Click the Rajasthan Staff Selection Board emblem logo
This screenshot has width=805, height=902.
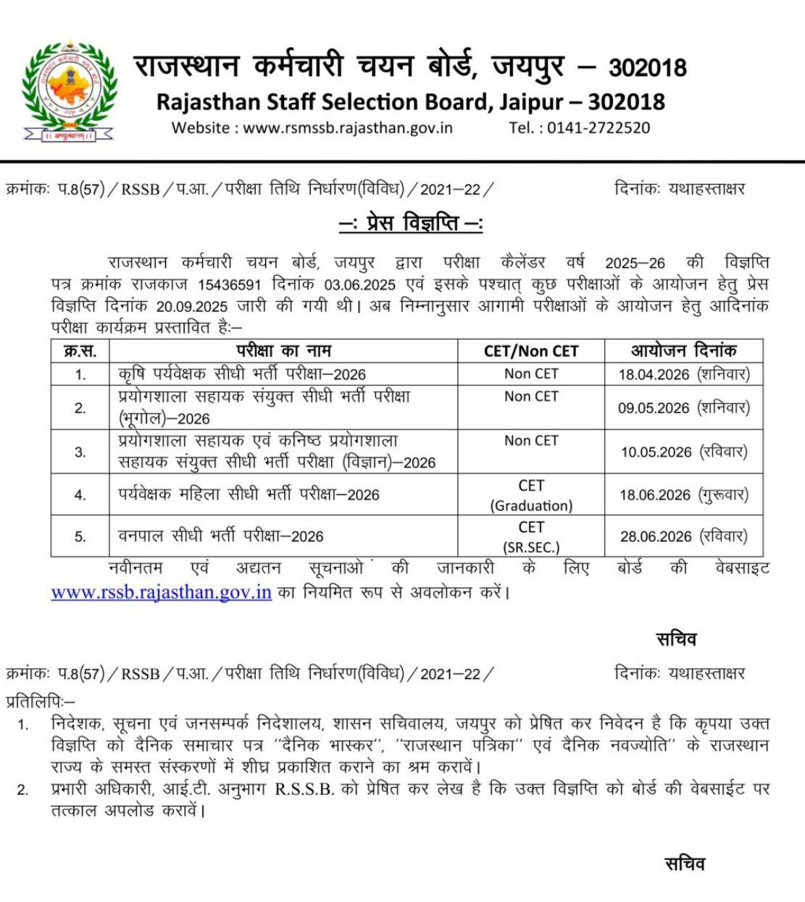[70, 90]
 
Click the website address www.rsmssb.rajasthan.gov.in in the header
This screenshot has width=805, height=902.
[348, 128]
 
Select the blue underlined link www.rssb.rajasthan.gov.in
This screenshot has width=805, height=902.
[161, 592]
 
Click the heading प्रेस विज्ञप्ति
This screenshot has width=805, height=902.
[411, 224]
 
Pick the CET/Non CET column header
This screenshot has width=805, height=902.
[531, 351]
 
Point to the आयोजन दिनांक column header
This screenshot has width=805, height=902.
[683, 351]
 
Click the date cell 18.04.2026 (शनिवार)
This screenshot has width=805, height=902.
[683, 374]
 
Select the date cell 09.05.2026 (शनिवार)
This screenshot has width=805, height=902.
[683, 408]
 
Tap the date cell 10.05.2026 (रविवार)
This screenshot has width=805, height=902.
[683, 452]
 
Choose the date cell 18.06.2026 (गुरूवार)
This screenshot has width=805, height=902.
[683, 495]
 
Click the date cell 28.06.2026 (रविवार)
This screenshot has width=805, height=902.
[683, 536]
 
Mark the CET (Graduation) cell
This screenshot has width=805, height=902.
[531, 495]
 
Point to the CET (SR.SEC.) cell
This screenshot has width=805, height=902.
[531, 536]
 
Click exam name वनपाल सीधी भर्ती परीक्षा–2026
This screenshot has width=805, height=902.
[221, 536]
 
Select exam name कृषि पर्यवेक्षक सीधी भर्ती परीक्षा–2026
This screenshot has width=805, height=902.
[242, 374]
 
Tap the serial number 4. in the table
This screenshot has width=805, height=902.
[80, 496]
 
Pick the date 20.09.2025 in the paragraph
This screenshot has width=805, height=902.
[191, 306]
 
